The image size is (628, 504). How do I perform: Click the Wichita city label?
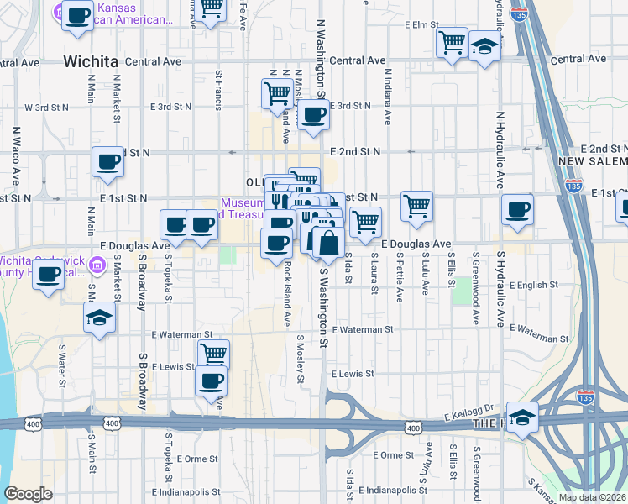tap(90, 60)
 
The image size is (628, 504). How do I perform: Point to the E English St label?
tap(527, 286)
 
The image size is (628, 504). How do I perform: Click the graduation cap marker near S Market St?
tap(99, 318)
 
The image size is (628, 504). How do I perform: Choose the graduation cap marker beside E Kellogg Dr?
tap(522, 417)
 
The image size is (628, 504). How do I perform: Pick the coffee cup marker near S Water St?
tap(49, 273)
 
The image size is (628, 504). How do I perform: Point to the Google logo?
tap(28, 494)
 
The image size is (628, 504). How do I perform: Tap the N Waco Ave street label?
tap(15, 156)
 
